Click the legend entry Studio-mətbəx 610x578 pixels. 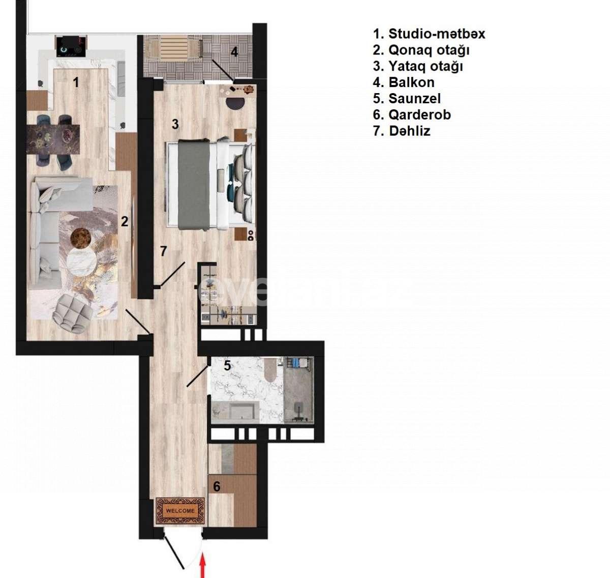[429, 34]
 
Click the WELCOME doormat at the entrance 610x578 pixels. [180, 510]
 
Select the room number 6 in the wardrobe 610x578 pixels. [217, 487]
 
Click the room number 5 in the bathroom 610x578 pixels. [227, 365]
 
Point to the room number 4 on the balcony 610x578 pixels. [234, 52]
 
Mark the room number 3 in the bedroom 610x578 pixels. [175, 124]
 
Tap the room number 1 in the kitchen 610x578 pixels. [76, 82]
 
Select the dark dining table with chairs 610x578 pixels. [53, 138]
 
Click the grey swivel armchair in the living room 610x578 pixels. [73, 313]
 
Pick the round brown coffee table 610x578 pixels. [81, 238]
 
